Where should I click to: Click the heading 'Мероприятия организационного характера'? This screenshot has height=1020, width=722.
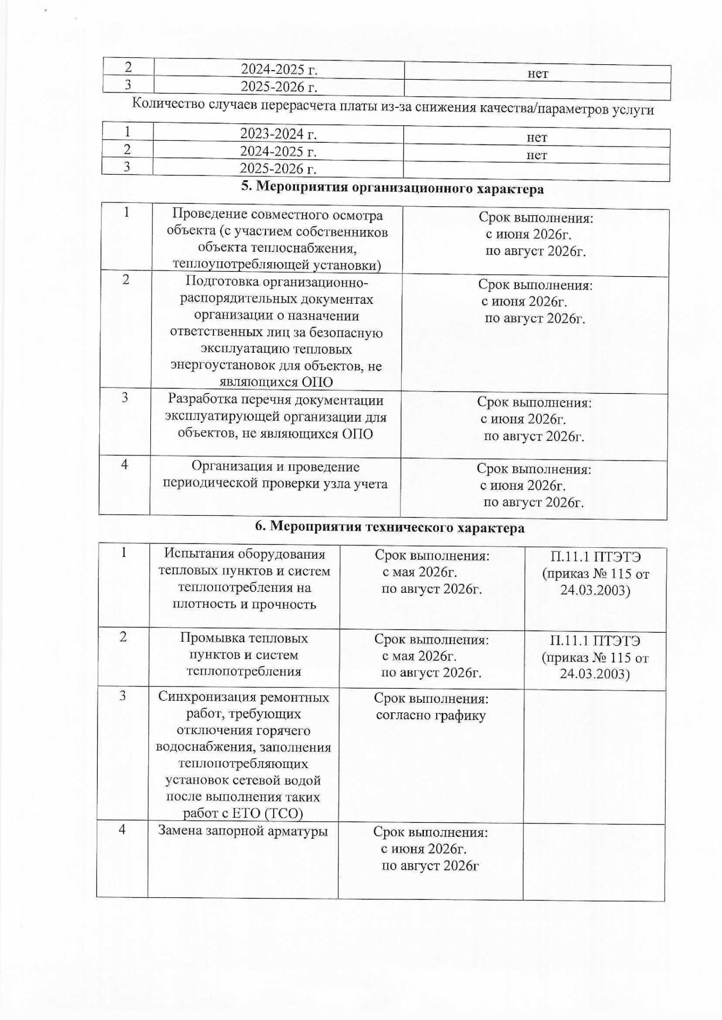[393, 189]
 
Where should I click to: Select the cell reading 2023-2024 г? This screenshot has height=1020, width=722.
[278, 134]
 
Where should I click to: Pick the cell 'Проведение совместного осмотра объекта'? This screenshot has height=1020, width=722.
[277, 240]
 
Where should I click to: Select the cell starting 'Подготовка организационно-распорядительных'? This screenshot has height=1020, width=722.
[276, 331]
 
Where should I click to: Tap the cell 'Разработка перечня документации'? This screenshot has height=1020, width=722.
[276, 417]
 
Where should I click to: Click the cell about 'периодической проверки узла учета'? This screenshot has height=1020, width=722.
[275, 475]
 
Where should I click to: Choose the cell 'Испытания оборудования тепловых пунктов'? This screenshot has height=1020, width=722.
[244, 579]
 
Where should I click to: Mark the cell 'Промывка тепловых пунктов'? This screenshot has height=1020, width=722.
[244, 654]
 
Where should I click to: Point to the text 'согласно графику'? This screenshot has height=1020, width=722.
[431, 715]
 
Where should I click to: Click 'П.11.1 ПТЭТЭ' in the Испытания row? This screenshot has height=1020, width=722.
[596, 557]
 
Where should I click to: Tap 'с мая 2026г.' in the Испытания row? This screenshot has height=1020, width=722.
[420, 572]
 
